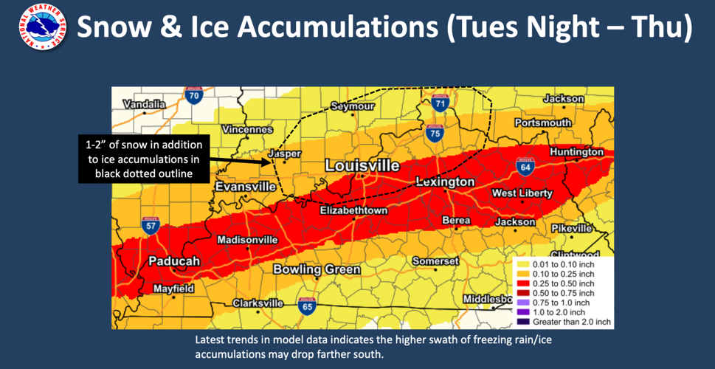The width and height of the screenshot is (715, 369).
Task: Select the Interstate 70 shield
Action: [194, 96]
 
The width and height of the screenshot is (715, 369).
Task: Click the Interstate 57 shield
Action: [150, 226]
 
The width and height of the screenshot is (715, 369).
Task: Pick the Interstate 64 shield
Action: [525, 167]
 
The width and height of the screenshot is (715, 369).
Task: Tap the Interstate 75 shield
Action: [435, 133]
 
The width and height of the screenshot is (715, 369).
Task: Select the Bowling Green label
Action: [317, 269]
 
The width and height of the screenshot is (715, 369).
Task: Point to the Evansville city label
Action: [246, 187]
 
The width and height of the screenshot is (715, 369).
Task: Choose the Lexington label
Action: [445, 182]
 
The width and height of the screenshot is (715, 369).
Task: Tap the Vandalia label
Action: [145, 105]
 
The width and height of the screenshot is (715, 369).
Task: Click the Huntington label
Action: [576, 152]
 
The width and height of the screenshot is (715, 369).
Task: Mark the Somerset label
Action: [435, 261]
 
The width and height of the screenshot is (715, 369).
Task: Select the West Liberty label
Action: [522, 193]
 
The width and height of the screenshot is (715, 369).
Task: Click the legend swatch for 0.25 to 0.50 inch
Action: [521, 283]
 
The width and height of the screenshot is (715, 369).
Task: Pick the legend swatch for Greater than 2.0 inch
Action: [521, 322]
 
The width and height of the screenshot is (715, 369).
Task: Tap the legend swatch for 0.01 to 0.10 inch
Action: [521, 264]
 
